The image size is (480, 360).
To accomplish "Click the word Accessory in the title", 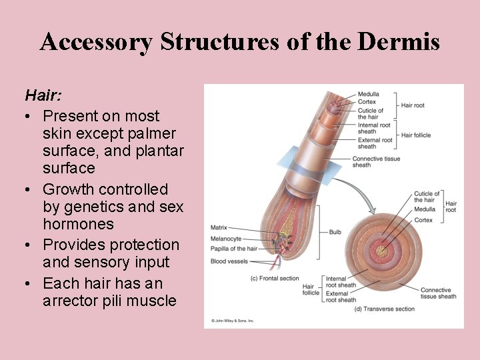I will [97, 41].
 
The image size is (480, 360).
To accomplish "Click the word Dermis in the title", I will [398, 41].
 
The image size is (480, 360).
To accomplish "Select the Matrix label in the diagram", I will [219, 227].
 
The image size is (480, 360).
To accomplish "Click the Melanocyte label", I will [226, 238].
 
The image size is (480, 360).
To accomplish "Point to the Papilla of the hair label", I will [233, 249].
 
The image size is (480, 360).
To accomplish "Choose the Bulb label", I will [335, 232].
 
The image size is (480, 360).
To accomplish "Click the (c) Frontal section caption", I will [274, 277].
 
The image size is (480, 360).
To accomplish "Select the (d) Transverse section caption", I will [385, 309].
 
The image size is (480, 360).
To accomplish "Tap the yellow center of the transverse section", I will [382, 251].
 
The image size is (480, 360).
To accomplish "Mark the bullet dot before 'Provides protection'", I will [29, 245].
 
